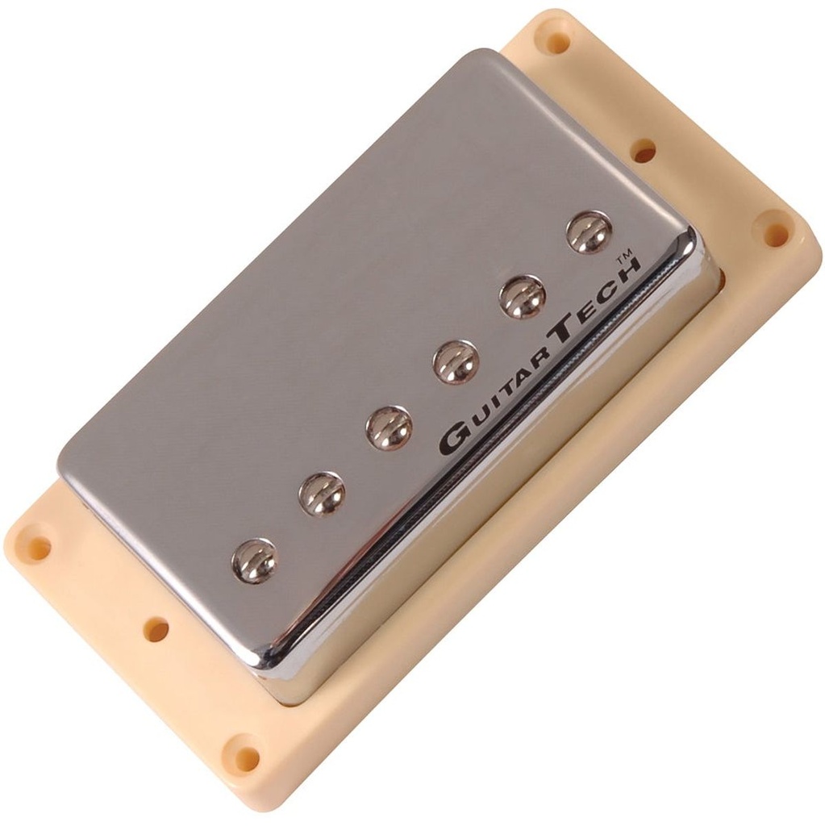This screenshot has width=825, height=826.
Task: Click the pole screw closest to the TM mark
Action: [589, 232]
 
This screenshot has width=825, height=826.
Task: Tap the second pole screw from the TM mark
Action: [522, 297]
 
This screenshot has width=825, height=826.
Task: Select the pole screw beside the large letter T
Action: [456, 362]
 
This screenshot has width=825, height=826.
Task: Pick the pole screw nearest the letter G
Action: [389, 428]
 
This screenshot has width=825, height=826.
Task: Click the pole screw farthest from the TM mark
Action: [255, 561]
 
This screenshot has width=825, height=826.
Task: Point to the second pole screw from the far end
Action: [322, 494]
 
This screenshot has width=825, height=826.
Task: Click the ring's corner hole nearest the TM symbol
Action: [775, 234]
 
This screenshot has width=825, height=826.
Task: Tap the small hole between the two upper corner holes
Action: [643, 150]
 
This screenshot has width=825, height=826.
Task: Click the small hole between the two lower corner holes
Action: [156, 629]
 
